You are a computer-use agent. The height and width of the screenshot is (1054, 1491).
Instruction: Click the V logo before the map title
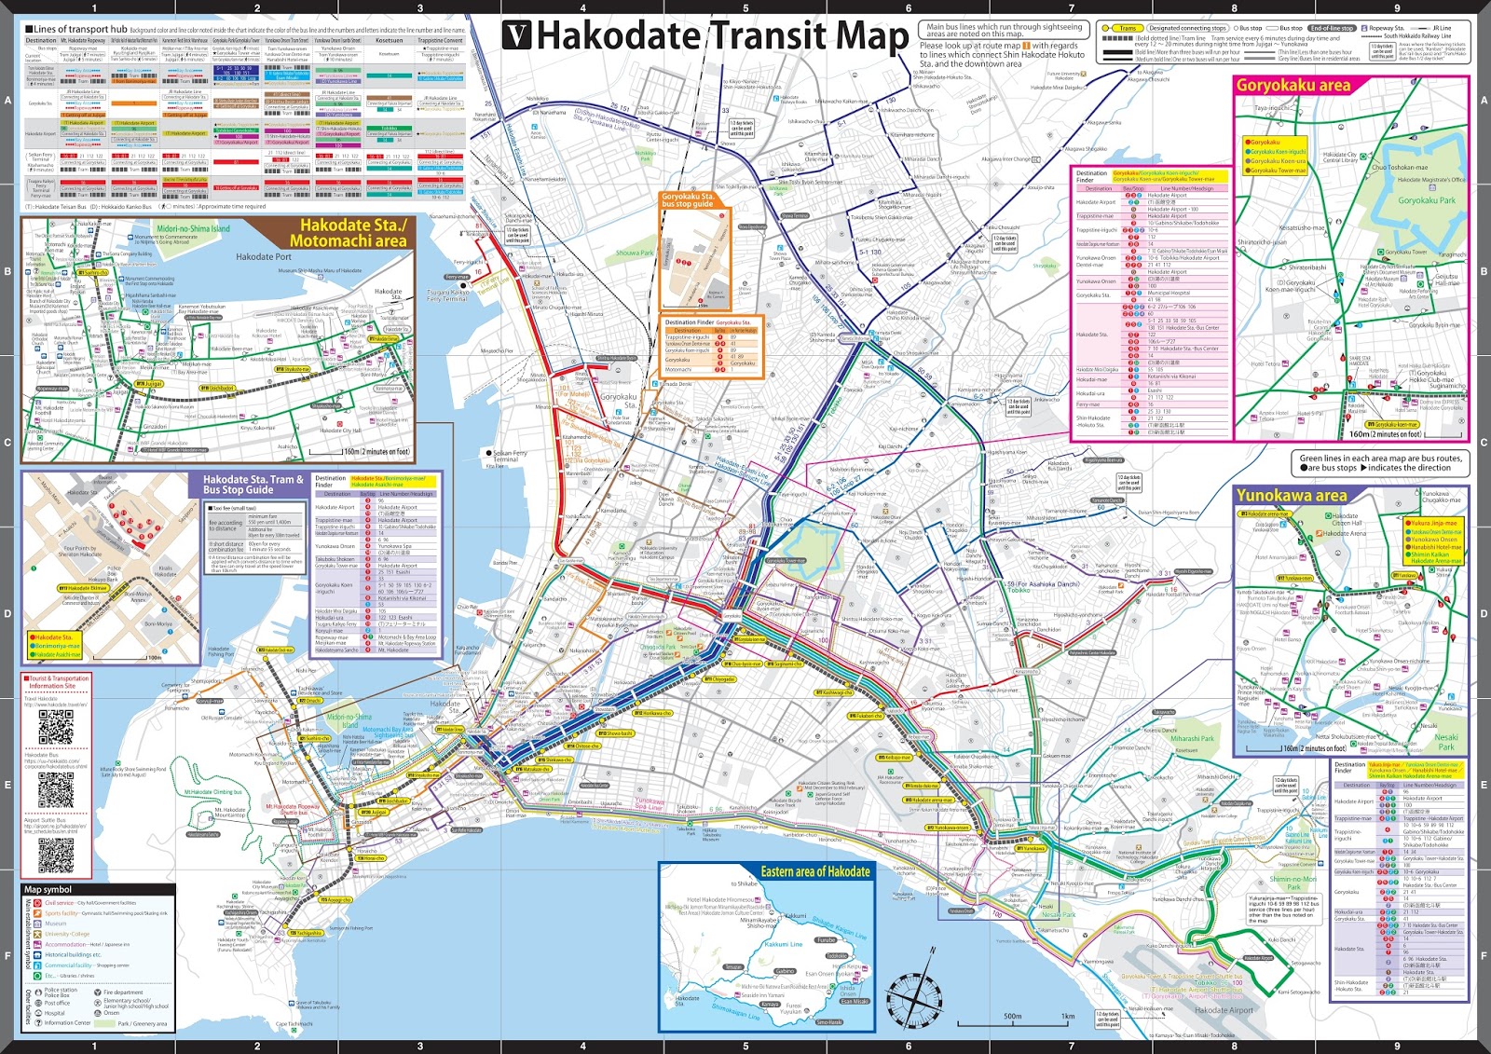pyautogui.click(x=517, y=35)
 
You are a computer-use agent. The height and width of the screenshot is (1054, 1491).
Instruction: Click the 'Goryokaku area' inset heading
pyautogui.click(x=1293, y=86)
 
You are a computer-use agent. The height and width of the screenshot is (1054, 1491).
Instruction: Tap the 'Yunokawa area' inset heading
pyautogui.click(x=1292, y=496)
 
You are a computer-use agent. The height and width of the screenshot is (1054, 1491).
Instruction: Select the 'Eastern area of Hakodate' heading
pyautogui.click(x=815, y=871)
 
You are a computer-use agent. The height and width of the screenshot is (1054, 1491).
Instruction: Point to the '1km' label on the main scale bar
pyautogui.click(x=1068, y=1017)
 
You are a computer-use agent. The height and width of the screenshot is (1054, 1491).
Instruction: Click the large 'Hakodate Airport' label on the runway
pyautogui.click(x=1224, y=1010)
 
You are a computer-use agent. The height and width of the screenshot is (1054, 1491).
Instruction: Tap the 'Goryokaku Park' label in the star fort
pyautogui.click(x=1426, y=200)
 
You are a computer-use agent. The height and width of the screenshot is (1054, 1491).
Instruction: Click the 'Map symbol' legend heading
pyautogui.click(x=48, y=889)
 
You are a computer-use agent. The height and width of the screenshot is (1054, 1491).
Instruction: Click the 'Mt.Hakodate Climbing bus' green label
pyautogui.click(x=213, y=792)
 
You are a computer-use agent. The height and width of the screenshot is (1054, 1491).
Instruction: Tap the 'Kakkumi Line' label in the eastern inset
pyautogui.click(x=783, y=944)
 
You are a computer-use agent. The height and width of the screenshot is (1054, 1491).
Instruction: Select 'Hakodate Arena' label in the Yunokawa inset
pyautogui.click(x=1345, y=533)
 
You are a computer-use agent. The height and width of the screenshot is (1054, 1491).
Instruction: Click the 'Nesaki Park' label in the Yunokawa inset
pyautogui.click(x=1445, y=742)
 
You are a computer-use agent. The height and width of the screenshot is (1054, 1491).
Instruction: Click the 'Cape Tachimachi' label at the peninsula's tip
pyautogui.click(x=294, y=1023)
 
